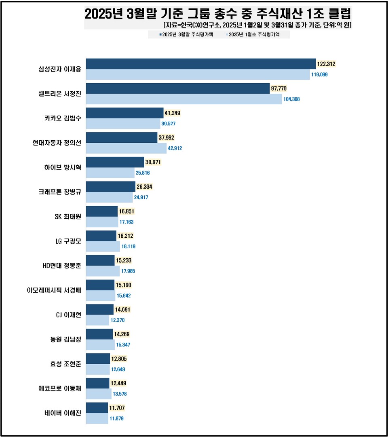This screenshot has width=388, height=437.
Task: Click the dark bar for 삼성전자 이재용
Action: [201, 64]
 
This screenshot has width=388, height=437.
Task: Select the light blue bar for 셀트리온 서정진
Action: [184, 99]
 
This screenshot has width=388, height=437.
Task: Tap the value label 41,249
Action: [173, 113]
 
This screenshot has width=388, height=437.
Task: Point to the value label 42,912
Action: [175, 148]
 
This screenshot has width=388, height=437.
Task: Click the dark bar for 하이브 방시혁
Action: [115, 162]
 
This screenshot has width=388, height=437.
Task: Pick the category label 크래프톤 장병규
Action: [57, 192]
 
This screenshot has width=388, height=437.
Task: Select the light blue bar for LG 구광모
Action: [103, 246]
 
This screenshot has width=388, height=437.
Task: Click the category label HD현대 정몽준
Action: [62, 266]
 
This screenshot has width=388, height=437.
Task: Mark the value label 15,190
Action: [124, 285]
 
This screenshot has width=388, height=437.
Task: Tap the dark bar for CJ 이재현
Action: [100, 310]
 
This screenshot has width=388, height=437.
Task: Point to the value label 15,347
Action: [123, 345]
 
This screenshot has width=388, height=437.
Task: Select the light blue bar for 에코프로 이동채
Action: [99, 394]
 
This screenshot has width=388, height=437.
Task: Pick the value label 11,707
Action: [118, 408]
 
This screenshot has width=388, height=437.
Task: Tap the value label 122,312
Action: [326, 64]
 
